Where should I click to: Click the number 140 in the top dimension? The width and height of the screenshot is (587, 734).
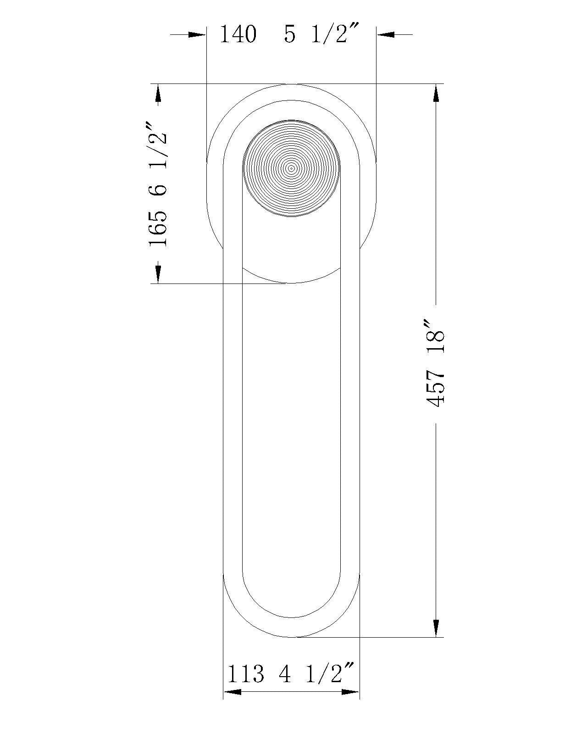click(238, 34)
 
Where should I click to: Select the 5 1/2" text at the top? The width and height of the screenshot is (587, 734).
click(320, 34)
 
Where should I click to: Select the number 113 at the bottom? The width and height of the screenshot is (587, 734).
click(246, 675)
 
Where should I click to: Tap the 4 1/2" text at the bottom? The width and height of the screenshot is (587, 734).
click(316, 675)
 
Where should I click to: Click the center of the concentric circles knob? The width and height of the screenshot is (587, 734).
click(291, 168)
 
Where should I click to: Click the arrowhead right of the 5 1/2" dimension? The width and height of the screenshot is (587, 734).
click(385, 34)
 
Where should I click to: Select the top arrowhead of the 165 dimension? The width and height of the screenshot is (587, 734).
click(158, 94)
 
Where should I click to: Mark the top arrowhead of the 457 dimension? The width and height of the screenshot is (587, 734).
click(436, 94)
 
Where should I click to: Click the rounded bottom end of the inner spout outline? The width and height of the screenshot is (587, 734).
click(291, 617)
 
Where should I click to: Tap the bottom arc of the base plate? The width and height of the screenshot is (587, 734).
click(291, 283)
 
